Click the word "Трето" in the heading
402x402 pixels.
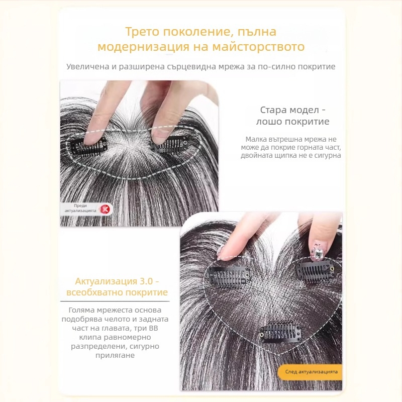(x=142, y=32)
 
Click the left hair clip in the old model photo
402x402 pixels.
(x=88, y=147)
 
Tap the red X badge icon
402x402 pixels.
(x=105, y=209)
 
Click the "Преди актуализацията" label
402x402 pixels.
(x=80, y=208)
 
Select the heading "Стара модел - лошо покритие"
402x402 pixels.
(x=292, y=116)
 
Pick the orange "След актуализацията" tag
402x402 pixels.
(x=311, y=372)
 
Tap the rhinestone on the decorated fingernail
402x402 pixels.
(x=317, y=253)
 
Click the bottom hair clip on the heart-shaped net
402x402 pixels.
(x=280, y=332)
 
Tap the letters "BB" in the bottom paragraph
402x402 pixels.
(x=153, y=328)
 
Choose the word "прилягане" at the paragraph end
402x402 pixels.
(x=115, y=355)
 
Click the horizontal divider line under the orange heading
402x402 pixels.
(x=115, y=301)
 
